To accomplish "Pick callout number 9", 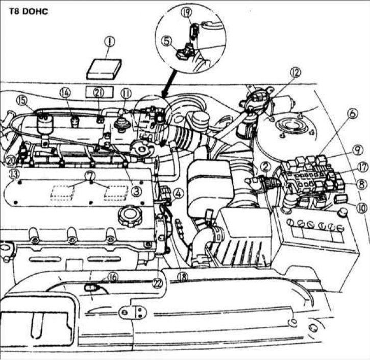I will click(x=356, y=150).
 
